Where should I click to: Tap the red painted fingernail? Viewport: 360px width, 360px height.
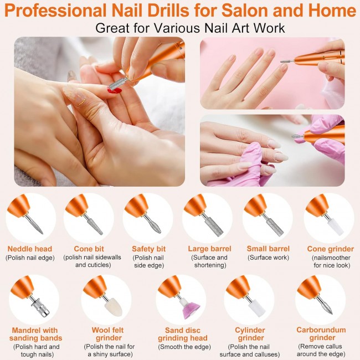click(x=115, y=90)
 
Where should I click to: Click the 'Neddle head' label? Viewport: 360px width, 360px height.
click(x=30, y=249)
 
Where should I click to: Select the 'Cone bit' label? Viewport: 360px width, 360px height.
click(x=89, y=249)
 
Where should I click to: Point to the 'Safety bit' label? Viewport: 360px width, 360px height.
click(x=149, y=249)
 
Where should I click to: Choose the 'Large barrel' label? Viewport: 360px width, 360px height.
click(x=209, y=249)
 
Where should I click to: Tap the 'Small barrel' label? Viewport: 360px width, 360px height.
click(x=268, y=249)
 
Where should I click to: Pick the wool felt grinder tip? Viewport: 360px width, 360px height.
click(x=114, y=307)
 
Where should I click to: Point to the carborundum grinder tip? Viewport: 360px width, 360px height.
click(x=326, y=307)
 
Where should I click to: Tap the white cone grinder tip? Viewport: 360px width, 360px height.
click(x=336, y=227)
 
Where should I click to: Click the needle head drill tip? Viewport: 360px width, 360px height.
click(x=35, y=225)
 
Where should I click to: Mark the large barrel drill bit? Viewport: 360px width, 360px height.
click(x=214, y=227)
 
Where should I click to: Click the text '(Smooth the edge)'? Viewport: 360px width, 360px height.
click(x=184, y=347)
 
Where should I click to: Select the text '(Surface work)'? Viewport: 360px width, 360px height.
click(x=268, y=258)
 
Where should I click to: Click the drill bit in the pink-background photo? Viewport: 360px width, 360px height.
click(x=287, y=61)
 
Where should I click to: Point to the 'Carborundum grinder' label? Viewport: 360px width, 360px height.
click(x=321, y=333)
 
